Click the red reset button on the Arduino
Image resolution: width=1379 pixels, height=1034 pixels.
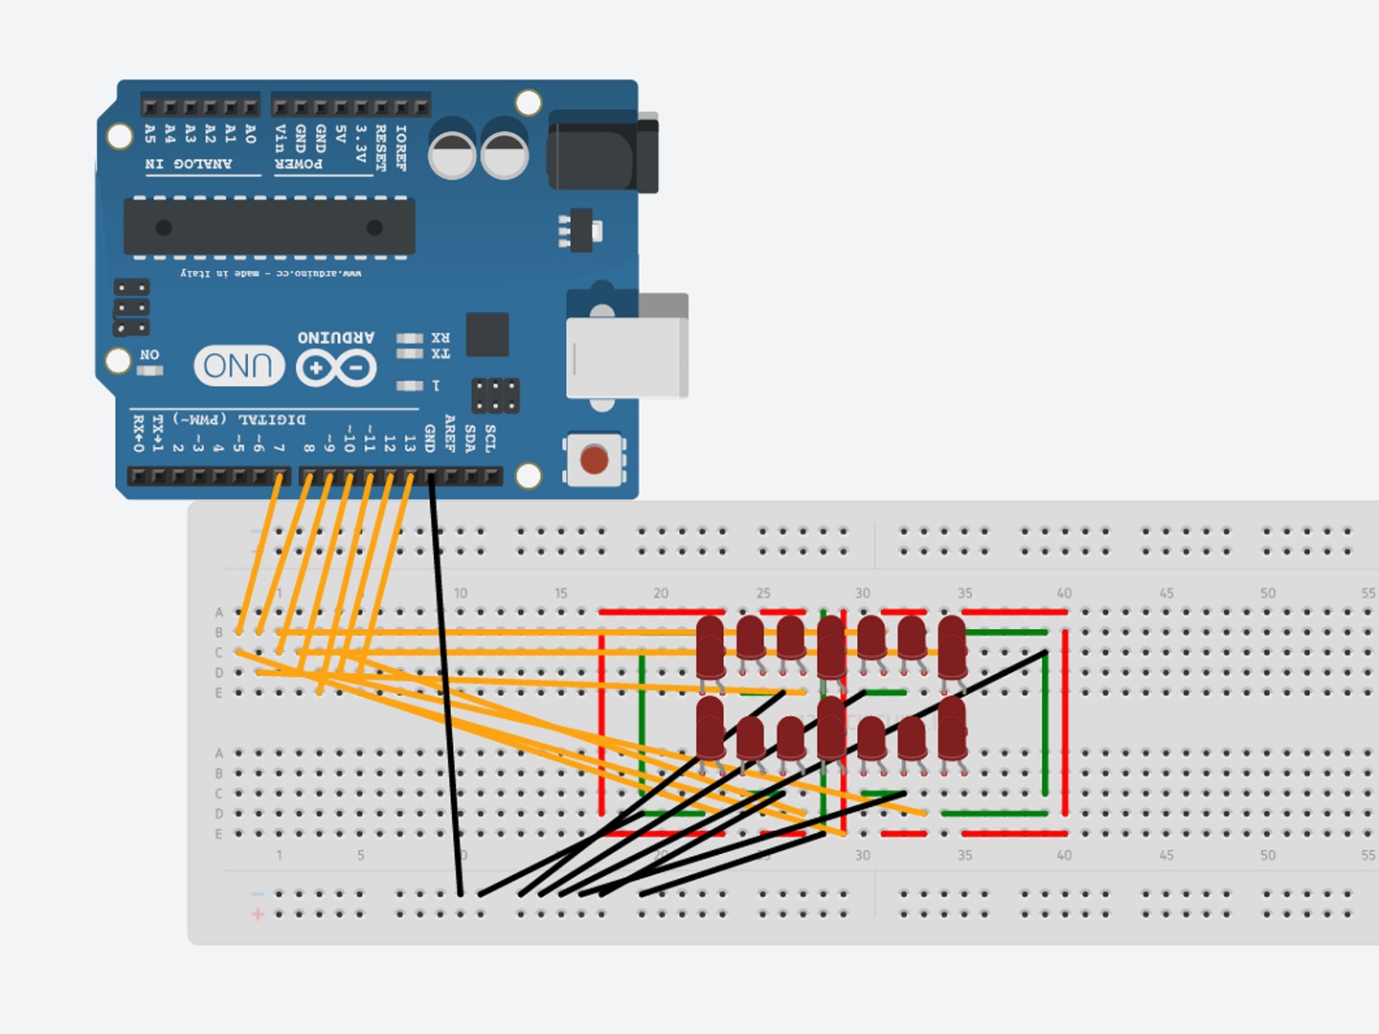pos(594,460)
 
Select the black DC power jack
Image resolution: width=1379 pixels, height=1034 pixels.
pos(602,151)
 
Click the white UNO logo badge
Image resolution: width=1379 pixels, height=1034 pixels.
pos(238,366)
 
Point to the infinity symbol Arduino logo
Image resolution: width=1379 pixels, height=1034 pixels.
pos(336,368)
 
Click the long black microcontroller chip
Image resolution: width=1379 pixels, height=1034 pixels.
pos(269,227)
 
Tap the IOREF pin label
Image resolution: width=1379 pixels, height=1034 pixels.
pos(401,147)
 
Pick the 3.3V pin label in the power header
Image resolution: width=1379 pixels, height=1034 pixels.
pos(361,143)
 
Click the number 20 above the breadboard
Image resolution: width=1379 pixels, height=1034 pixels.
pos(661,594)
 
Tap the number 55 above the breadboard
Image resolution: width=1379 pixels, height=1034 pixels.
pos(1368,594)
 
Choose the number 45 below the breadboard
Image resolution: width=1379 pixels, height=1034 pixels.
pos(1166,855)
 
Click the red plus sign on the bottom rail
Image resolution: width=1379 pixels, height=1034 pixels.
pos(258,914)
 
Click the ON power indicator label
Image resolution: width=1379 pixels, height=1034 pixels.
pos(149,355)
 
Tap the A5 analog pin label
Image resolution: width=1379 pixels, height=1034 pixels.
pos(150,133)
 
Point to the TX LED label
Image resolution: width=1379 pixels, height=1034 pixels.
pos(441,354)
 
